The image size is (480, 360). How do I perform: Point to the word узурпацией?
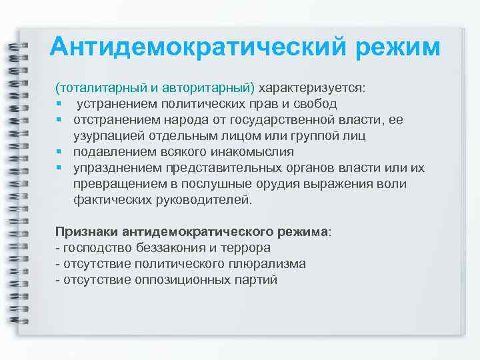(x=105, y=136)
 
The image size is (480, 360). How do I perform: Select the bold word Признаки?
(x=87, y=232)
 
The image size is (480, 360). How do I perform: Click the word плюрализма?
(x=265, y=264)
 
